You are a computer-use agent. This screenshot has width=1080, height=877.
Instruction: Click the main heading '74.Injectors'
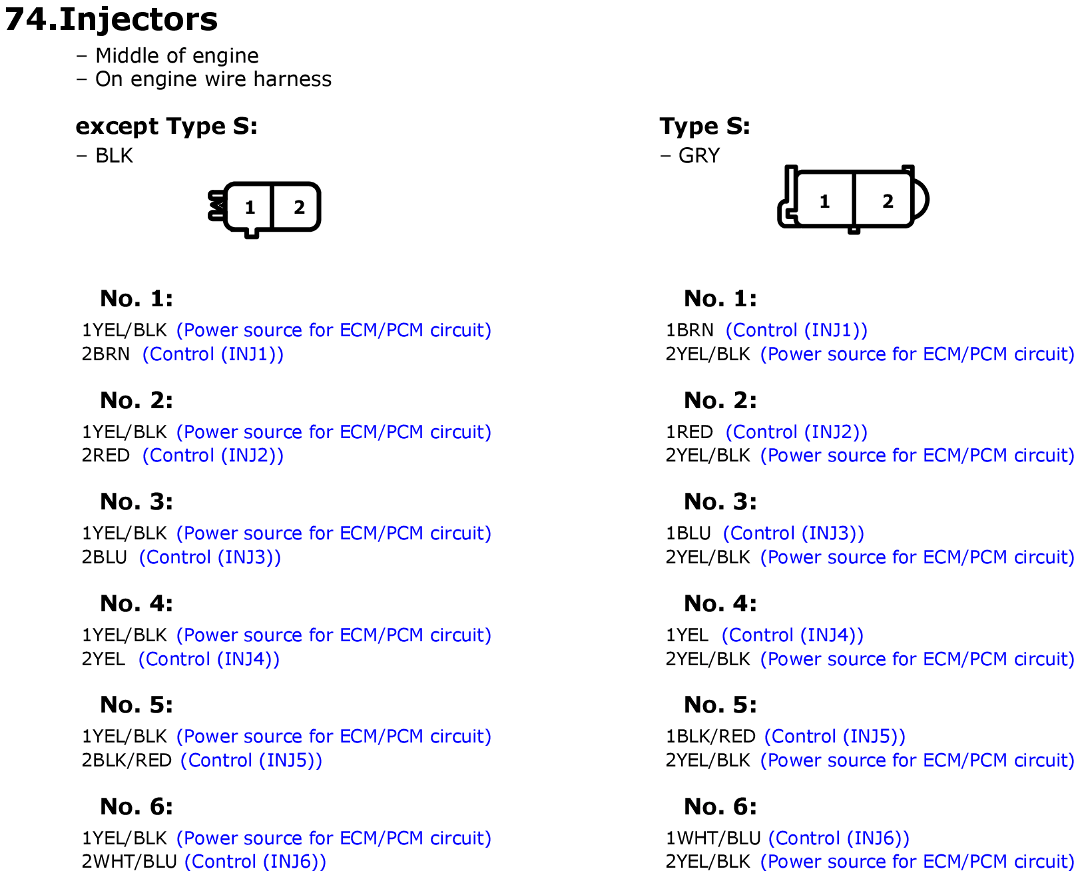pyautogui.click(x=111, y=19)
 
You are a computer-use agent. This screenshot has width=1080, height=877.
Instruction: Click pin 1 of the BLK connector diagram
pyautogui.click(x=250, y=207)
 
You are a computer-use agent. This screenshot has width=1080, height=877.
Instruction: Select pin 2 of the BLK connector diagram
pyautogui.click(x=299, y=207)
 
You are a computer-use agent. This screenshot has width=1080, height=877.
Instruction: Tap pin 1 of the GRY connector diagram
pyautogui.click(x=824, y=201)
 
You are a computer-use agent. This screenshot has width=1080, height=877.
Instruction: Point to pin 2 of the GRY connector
pyautogui.click(x=888, y=201)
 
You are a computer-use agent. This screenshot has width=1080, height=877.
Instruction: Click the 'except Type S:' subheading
pyautogui.click(x=166, y=126)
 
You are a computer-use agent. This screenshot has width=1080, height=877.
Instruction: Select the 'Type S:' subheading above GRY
pyautogui.click(x=704, y=126)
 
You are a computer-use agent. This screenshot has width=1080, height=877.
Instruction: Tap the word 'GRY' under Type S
pyautogui.click(x=698, y=155)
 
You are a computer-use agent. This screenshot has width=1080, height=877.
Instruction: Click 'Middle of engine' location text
pyautogui.click(x=177, y=55)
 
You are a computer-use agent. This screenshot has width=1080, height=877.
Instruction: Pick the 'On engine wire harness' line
pyautogui.click(x=214, y=79)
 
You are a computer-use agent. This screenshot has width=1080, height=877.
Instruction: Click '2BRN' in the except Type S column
pyautogui.click(x=105, y=354)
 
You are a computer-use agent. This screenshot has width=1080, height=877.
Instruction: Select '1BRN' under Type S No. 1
pyautogui.click(x=689, y=330)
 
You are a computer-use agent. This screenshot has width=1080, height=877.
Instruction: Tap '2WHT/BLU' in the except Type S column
pyautogui.click(x=129, y=861)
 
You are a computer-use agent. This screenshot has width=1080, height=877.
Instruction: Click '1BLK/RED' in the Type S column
pyautogui.click(x=710, y=736)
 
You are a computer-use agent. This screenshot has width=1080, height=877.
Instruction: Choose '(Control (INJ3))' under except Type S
pyautogui.click(x=210, y=557)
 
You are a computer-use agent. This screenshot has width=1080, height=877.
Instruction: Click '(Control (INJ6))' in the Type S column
pyautogui.click(x=839, y=838)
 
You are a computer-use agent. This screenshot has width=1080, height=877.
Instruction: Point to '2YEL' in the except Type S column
pyautogui.click(x=103, y=659)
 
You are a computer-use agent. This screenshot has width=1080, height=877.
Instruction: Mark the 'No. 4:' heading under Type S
pyautogui.click(x=720, y=603)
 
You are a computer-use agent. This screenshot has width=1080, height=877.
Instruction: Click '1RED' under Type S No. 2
pyautogui.click(x=689, y=432)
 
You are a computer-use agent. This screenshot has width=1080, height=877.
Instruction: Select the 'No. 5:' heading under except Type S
pyautogui.click(x=136, y=705)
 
